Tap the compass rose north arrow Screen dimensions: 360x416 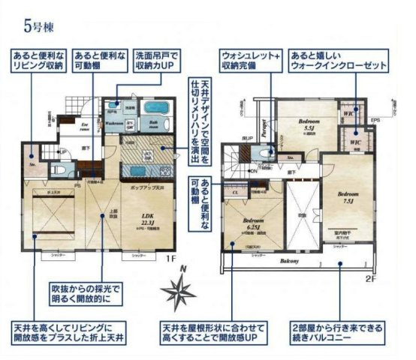click(x=183, y=289)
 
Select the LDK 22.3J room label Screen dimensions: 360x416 click(x=148, y=220)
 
